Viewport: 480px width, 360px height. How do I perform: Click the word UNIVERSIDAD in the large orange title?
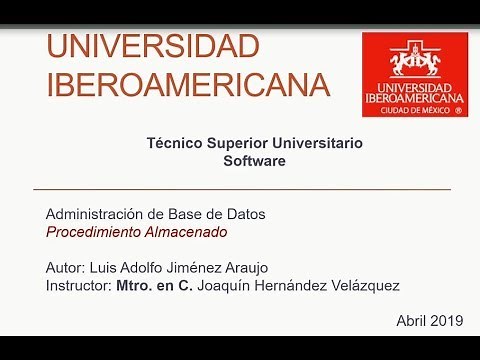pyautogui.click(x=153, y=47)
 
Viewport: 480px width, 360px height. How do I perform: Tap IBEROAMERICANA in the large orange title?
pyautogui.click(x=187, y=84)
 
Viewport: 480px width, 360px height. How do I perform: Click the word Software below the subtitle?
pyautogui.click(x=254, y=160)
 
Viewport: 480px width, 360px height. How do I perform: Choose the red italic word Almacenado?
pyautogui.click(x=185, y=232)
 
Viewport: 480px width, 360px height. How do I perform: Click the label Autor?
pyautogui.click(x=67, y=268)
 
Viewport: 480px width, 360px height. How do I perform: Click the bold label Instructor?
pyautogui.click(x=79, y=286)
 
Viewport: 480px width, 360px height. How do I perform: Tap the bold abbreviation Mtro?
pyautogui.click(x=135, y=286)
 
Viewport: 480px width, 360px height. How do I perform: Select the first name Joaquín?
pyautogui.click(x=227, y=286)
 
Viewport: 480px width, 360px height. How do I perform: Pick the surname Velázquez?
pyautogui.click(x=364, y=286)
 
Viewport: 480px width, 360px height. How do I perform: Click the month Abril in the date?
pyautogui.click(x=411, y=321)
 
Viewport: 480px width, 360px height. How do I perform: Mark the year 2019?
pyautogui.click(x=447, y=321)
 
